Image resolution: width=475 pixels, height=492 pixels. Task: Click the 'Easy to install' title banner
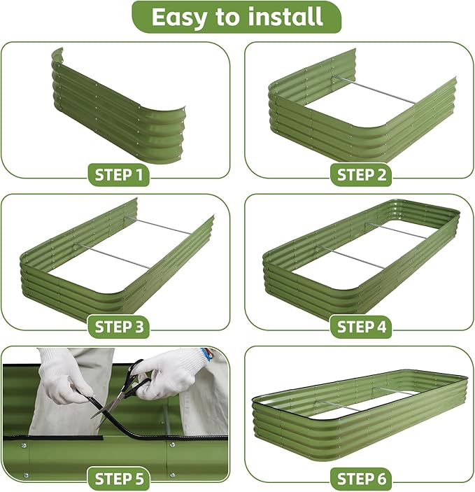(x=236, y=17)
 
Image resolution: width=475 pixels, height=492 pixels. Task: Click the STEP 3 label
(x=119, y=326)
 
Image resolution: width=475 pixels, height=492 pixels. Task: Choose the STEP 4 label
(x=362, y=326)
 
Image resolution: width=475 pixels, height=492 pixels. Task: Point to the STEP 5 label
(x=119, y=479)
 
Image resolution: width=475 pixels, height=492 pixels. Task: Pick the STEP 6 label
(x=362, y=479)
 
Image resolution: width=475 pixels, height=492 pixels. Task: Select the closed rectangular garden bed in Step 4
(x=360, y=259)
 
